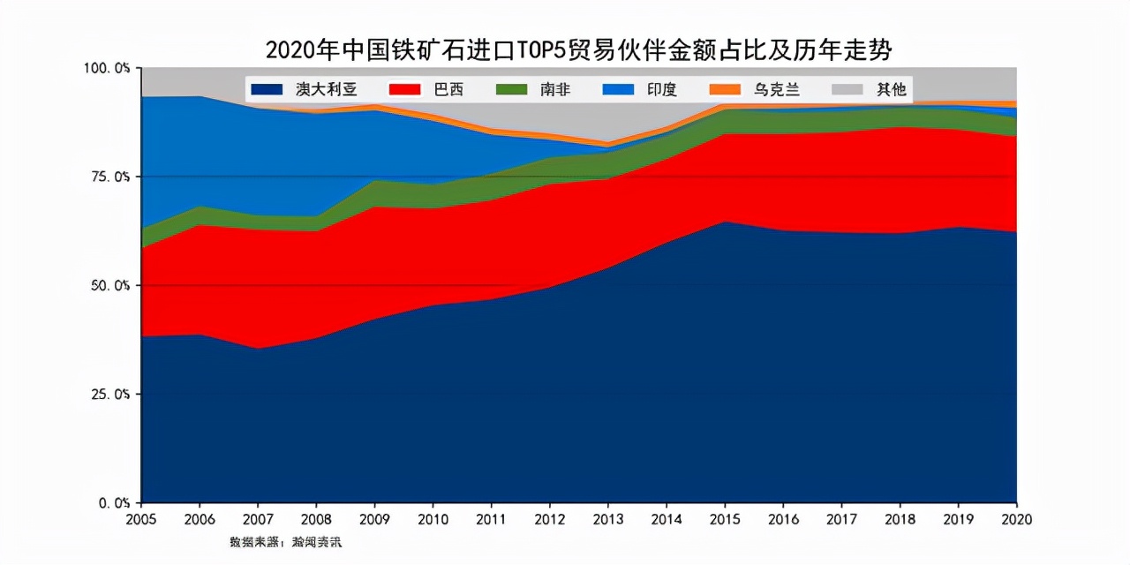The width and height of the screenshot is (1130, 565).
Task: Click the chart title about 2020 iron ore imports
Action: click(578, 49)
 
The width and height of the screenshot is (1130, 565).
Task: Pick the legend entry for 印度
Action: click(639, 89)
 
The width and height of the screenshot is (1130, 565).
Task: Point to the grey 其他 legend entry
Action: click(870, 89)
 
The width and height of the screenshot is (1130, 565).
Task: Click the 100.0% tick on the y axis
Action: click(107, 68)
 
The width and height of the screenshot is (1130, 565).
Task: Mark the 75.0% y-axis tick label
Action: click(110, 177)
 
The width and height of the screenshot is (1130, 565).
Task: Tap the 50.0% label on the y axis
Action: click(110, 285)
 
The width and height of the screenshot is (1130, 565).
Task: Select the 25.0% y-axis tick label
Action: click(110, 394)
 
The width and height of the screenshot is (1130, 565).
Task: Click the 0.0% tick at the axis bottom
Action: click(114, 502)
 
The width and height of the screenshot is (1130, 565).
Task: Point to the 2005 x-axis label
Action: click(141, 519)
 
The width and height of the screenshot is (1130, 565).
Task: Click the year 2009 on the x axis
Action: click(374, 519)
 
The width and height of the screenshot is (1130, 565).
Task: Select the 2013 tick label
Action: click(607, 519)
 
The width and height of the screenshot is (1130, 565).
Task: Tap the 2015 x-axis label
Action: click(724, 519)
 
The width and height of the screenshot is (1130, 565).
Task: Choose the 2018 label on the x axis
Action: click(899, 519)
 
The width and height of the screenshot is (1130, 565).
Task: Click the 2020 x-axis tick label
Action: click(1015, 519)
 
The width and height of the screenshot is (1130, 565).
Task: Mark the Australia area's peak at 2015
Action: click(724, 222)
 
